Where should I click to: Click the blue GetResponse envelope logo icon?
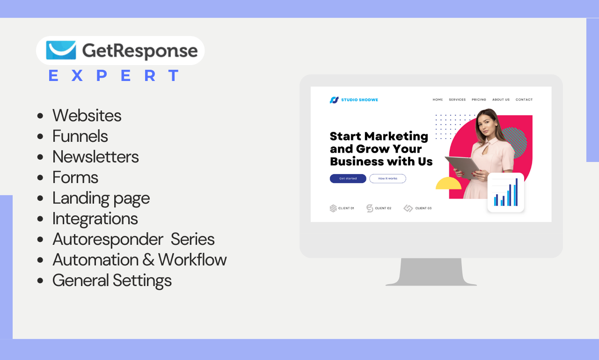61,50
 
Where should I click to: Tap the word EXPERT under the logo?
114,75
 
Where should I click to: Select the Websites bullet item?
87,116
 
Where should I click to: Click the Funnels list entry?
80,136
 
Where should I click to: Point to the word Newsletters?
95,157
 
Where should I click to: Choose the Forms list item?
75,177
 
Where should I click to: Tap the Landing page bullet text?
101,198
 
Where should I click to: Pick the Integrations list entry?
95,219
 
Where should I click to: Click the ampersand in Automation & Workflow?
148,260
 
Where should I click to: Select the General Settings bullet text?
112,281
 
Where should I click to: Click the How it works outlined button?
387,178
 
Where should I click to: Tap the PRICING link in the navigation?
479,100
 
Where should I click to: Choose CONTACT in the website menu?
524,100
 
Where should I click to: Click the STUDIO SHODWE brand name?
359,100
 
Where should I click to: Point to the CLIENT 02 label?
383,208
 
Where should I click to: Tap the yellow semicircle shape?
448,183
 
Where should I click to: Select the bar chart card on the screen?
505,192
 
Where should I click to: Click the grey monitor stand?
431,272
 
